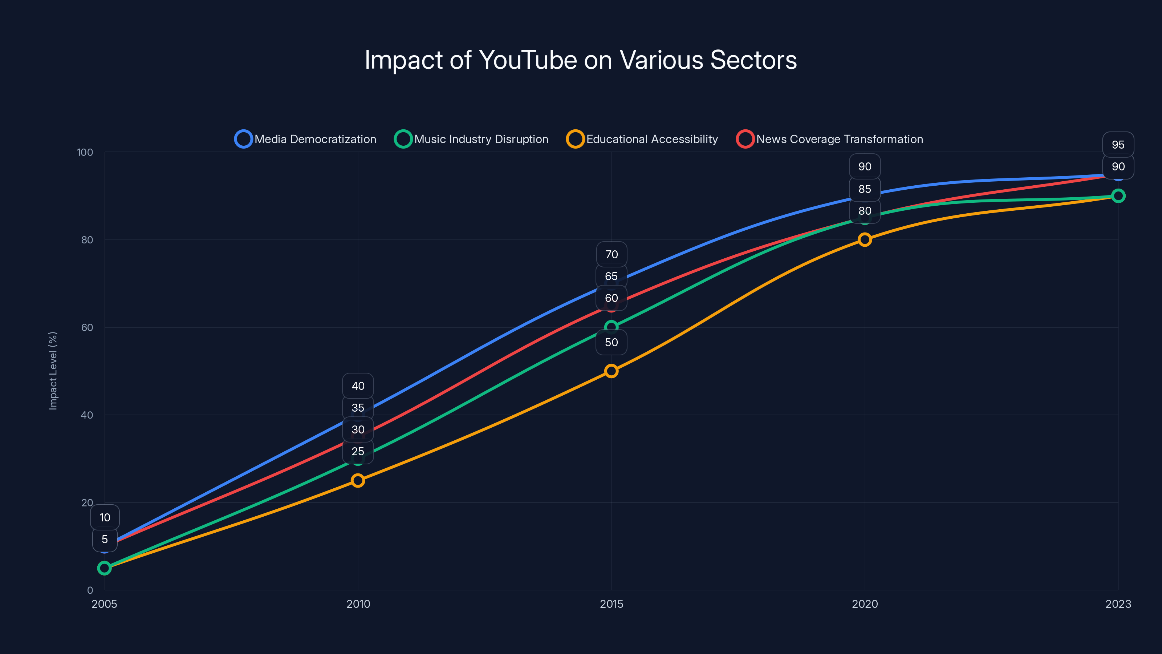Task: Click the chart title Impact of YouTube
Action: [x=581, y=60]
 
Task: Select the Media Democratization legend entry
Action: [x=305, y=139]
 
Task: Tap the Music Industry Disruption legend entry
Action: [x=471, y=139]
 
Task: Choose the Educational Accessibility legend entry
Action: [x=642, y=139]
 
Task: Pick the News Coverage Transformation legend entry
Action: [x=830, y=139]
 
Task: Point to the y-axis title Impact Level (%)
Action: [x=53, y=371]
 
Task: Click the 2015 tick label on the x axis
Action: [x=611, y=604]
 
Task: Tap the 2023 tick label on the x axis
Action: [x=1118, y=604]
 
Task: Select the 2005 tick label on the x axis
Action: [x=104, y=604]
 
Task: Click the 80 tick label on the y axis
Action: [x=87, y=240]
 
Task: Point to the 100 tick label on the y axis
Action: [x=85, y=152]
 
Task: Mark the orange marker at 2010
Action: [x=358, y=480]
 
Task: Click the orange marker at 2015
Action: [x=611, y=371]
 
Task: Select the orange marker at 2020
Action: [x=865, y=240]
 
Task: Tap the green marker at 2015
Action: [x=611, y=327]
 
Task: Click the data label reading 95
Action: [x=1118, y=145]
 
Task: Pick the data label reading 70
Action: [x=611, y=255]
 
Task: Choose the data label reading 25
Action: [x=358, y=451]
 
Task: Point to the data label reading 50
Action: [x=611, y=342]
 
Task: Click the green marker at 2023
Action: [x=1118, y=196]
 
